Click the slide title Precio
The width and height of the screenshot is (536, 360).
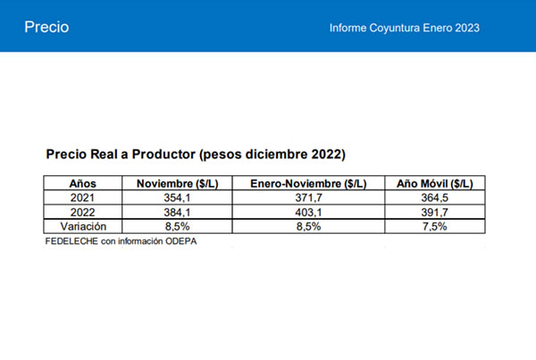click(46, 27)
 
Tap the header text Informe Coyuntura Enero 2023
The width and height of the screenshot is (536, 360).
click(405, 28)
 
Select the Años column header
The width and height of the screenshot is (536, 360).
click(82, 184)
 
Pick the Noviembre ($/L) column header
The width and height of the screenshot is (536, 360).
click(173, 184)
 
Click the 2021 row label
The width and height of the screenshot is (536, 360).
click(82, 198)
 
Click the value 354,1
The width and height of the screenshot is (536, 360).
click(173, 198)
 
